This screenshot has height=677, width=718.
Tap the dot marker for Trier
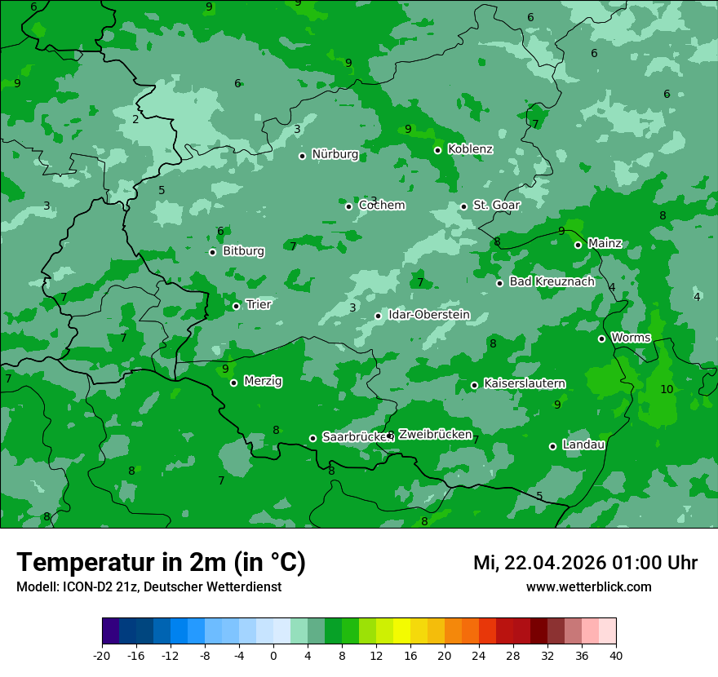tap(236, 306)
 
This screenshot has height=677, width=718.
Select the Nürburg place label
tap(335, 154)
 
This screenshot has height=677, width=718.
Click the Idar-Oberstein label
tap(428, 314)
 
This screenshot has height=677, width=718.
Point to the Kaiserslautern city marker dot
tap(474, 385)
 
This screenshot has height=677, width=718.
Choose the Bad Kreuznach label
tap(552, 281)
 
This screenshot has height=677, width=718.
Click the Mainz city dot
tap(578, 245)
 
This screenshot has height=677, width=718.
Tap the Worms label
tap(631, 338)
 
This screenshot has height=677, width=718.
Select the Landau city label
tap(583, 445)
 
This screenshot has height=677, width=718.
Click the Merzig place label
tap(263, 381)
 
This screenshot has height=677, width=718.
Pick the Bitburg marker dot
tap(212, 252)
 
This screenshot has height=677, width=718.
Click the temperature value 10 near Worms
tap(667, 389)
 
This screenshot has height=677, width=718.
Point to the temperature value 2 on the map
tap(135, 119)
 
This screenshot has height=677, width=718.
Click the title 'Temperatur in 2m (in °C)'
tap(161, 562)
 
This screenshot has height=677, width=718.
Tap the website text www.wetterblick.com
tap(588, 586)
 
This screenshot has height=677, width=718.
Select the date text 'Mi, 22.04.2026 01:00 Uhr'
tap(585, 563)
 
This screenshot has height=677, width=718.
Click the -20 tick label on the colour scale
tap(102, 655)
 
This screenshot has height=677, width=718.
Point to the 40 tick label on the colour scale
tap(616, 655)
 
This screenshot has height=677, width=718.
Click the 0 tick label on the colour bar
tap(273, 655)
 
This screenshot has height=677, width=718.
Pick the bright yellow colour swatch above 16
tap(401, 631)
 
